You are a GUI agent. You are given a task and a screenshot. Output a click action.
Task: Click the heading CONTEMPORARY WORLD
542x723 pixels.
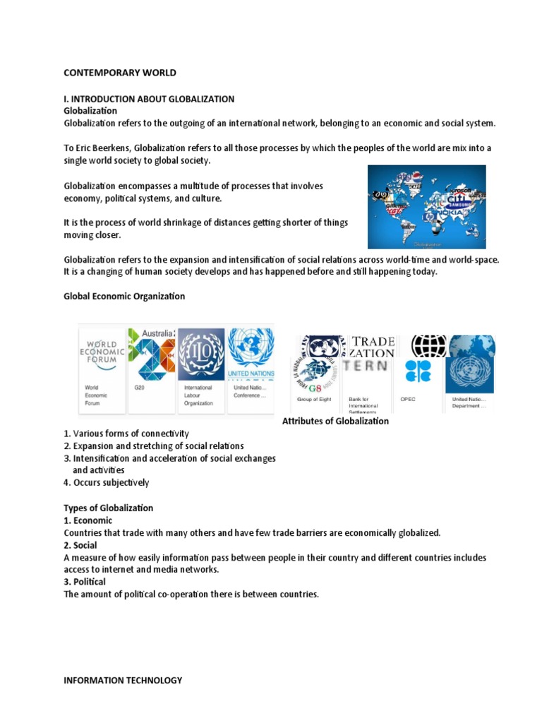pos(120,73)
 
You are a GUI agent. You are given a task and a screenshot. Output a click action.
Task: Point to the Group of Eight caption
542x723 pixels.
pos(313,399)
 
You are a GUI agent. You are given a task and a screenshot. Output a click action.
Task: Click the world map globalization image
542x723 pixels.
pos(426,206)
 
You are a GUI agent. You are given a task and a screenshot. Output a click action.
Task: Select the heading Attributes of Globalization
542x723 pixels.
pos(335,421)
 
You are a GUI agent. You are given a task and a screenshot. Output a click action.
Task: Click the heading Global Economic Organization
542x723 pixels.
pos(124,297)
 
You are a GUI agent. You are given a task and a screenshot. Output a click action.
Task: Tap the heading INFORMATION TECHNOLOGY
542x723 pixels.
pos(123,681)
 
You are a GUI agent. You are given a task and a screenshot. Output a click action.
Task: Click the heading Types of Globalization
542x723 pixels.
pos(108,508)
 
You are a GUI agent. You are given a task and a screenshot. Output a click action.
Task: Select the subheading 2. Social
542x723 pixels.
pos(80,545)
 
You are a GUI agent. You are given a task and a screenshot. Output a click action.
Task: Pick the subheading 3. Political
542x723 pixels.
pos(85,582)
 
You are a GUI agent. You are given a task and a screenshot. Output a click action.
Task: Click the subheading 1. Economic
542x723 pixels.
pos(88,520)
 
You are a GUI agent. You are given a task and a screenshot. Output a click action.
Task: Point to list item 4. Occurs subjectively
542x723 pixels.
pos(107,483)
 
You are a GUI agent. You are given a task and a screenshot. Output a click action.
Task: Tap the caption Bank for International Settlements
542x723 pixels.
pos(363,402)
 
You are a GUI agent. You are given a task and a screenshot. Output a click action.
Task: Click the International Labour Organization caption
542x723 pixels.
pos(198,395)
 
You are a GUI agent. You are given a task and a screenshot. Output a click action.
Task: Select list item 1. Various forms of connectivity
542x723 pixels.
pos(126,433)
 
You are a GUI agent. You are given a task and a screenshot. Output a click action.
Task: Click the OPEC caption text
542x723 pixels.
pos(409,399)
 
